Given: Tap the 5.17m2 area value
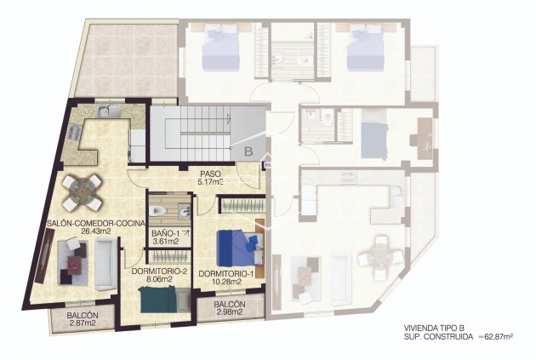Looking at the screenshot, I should [x=211, y=181].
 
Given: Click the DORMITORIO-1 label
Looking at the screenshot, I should [x=225, y=273].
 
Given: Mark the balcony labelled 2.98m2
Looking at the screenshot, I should [x=230, y=309].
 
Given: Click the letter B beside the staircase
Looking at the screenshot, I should [x=248, y=152].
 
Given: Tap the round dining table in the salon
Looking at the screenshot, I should [x=84, y=192].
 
